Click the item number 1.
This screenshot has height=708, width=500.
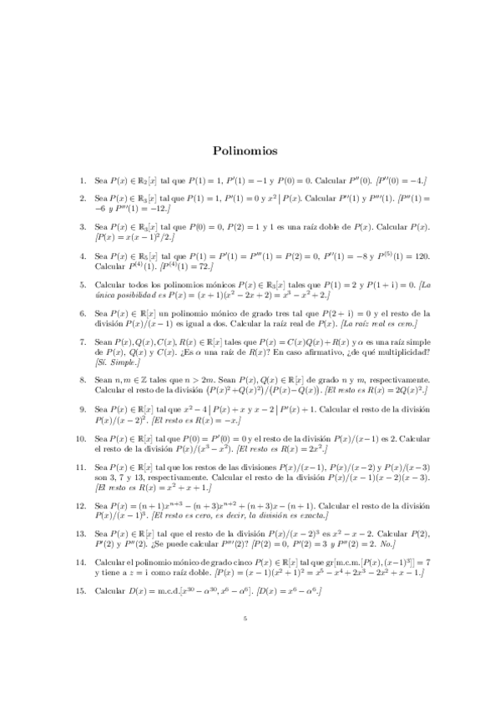click(82, 180)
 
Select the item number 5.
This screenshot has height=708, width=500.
click(82, 285)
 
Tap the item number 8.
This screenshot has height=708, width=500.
click(82, 378)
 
